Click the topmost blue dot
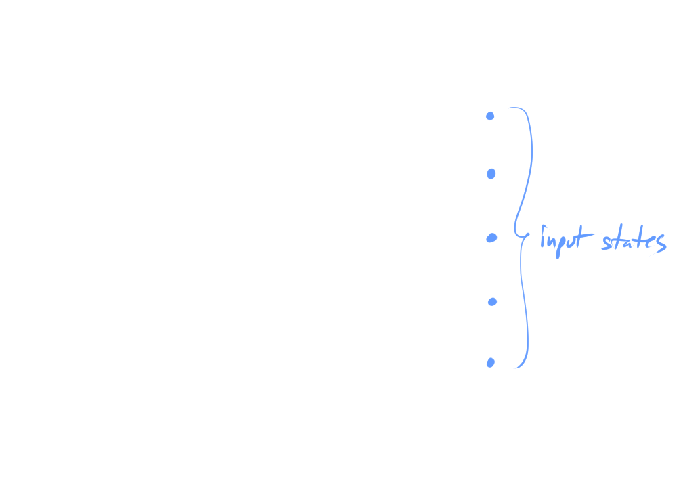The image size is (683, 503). click(490, 116)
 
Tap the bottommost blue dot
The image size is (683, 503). click(490, 363)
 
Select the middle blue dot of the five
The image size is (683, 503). click(492, 238)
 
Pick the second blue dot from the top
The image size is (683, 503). click(491, 174)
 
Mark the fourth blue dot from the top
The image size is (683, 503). click(493, 301)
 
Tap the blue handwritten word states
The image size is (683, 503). click(634, 242)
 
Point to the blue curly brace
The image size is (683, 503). click(521, 237)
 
